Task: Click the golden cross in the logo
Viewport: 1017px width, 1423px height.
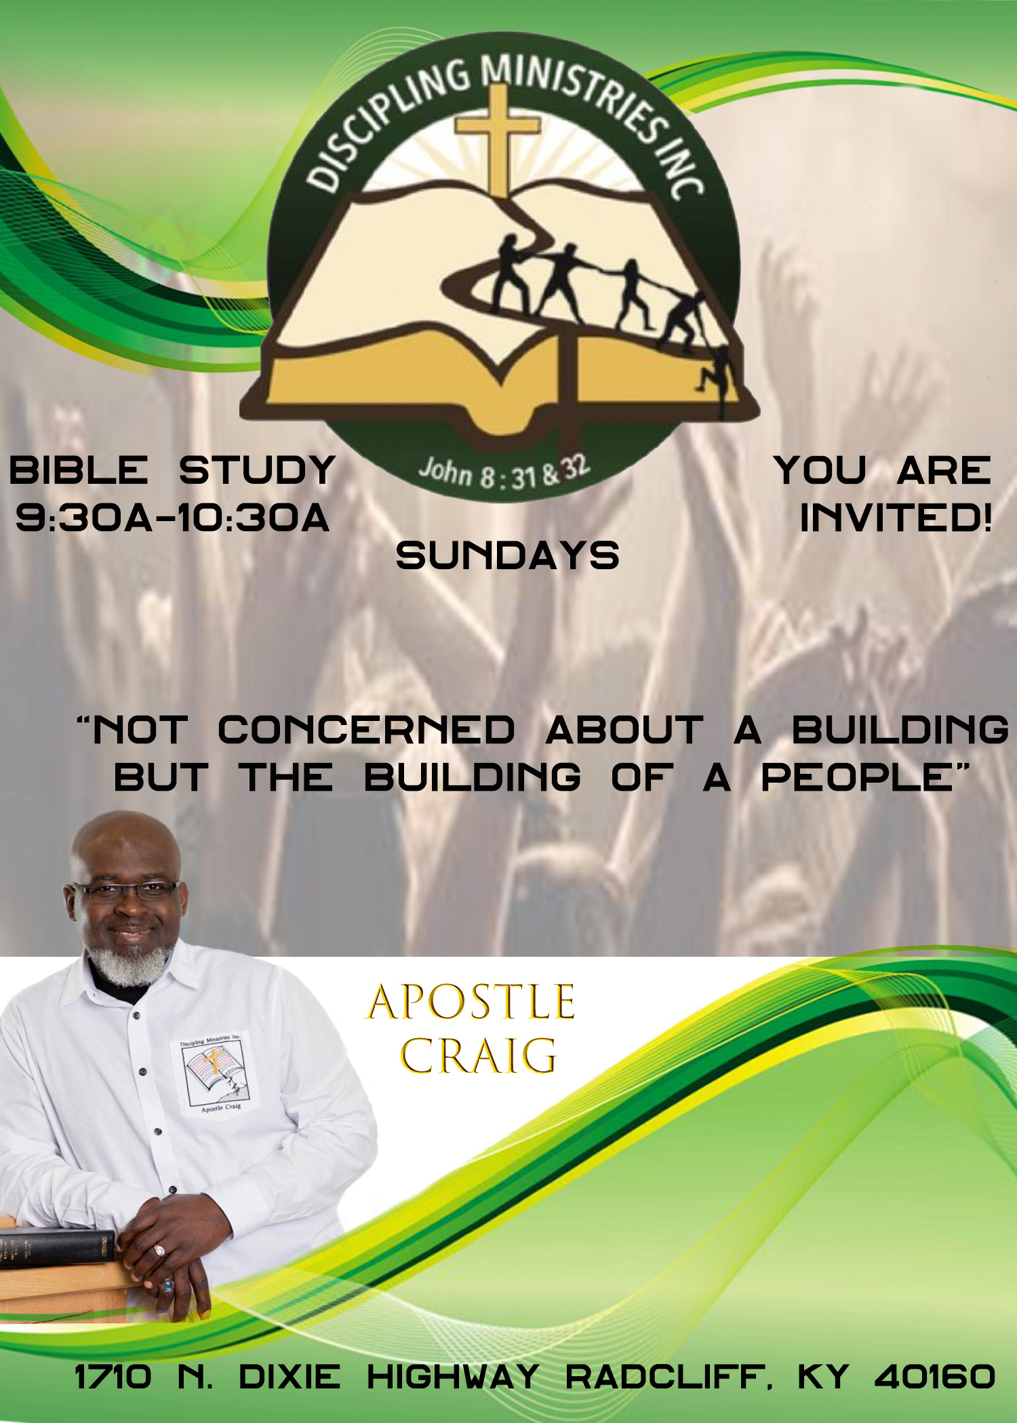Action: coord(498,139)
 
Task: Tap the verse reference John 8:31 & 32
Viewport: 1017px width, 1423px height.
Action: coord(504,472)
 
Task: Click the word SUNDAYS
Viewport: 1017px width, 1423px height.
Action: coord(507,556)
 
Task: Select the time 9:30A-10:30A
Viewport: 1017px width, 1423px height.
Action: coord(173,518)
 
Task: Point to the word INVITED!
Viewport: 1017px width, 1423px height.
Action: coord(896,518)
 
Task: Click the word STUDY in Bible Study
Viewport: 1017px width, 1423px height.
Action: coord(258,470)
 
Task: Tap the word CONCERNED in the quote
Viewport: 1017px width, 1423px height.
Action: coord(366,730)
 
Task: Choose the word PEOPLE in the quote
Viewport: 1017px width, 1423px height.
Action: coord(857,777)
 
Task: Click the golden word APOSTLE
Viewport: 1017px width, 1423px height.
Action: coord(471,1002)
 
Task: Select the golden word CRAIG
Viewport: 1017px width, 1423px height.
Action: coord(479,1056)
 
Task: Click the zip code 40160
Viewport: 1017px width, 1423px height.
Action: coord(935,1377)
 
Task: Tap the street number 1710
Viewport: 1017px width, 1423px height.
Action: coord(113,1377)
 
